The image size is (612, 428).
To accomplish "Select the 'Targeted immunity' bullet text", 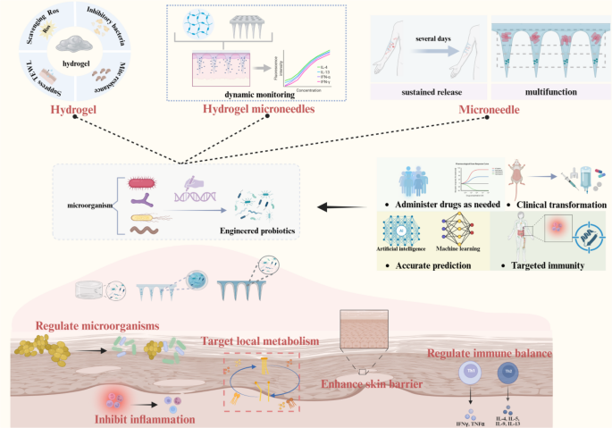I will pos(545,265).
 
